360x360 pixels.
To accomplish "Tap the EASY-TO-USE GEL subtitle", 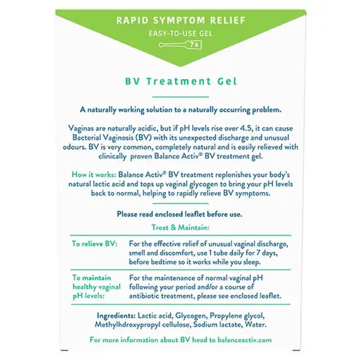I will pyautogui.click(x=180, y=34).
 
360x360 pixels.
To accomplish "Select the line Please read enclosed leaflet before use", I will pyautogui.click(x=180, y=214).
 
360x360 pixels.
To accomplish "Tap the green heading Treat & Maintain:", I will pyautogui.click(x=180, y=227).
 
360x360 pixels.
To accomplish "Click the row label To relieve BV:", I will pyautogui.click(x=95, y=244).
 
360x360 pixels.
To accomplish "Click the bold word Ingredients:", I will pyautogui.click(x=118, y=315).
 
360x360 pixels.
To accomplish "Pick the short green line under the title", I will pyautogui.click(x=180, y=96).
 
